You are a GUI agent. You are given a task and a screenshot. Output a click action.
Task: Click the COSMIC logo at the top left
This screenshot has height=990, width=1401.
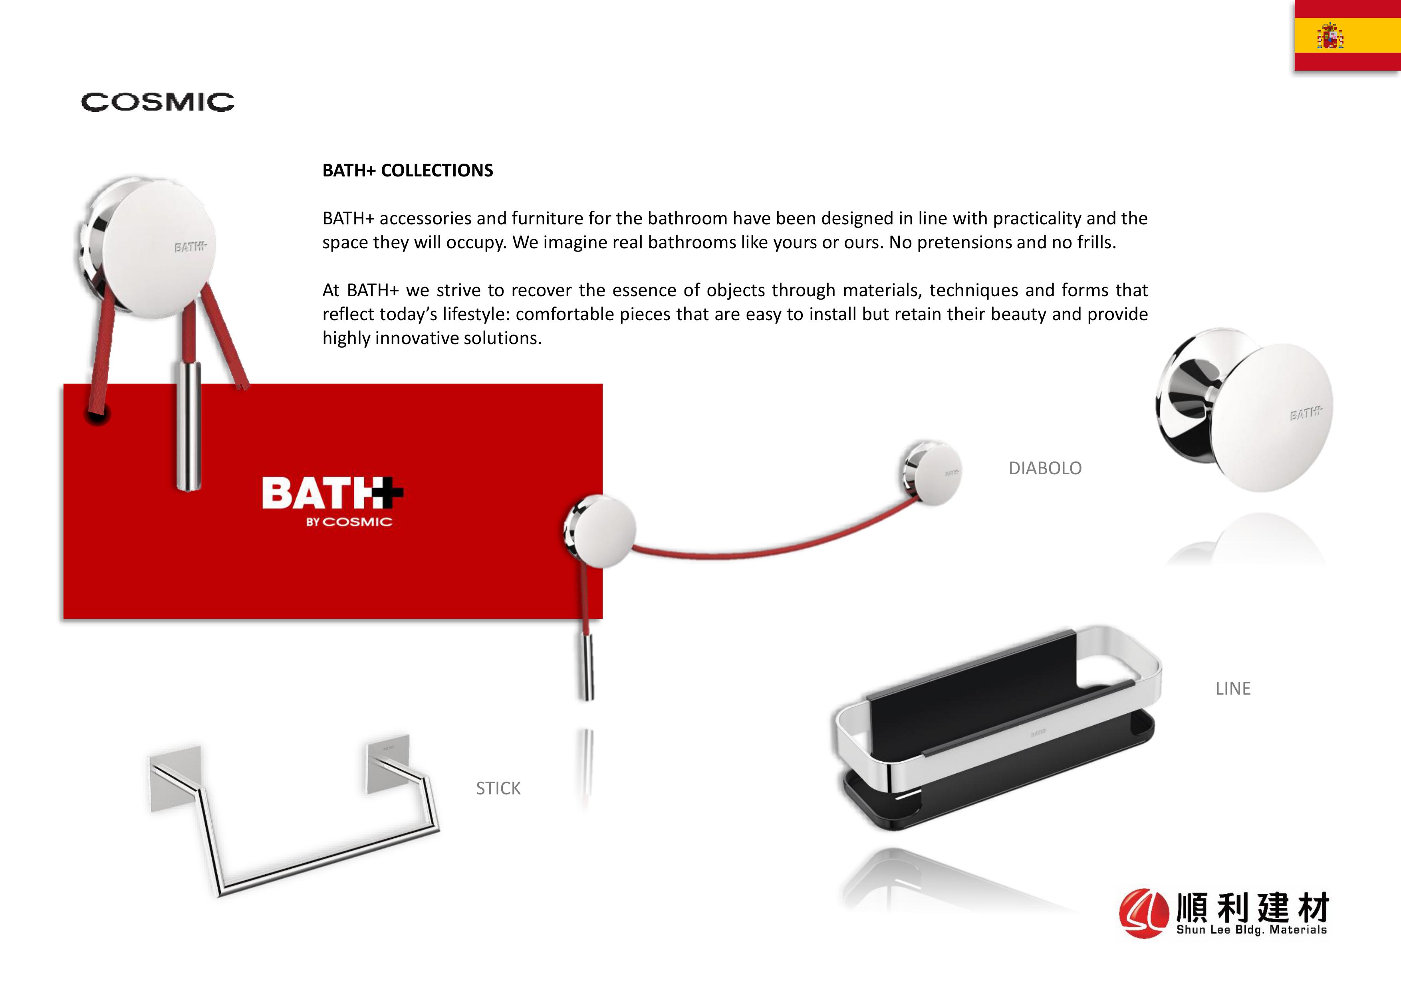pyautogui.click(x=157, y=102)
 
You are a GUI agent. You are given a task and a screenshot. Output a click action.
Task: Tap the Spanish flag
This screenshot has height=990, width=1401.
pyautogui.click(x=1347, y=36)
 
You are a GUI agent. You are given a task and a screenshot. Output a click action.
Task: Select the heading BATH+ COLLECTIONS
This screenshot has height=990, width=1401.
pyautogui.click(x=408, y=170)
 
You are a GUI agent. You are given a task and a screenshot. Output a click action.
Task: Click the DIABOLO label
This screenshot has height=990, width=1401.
pyautogui.click(x=1045, y=468)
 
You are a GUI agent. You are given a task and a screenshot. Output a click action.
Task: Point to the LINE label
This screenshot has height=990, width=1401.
pyautogui.click(x=1232, y=689)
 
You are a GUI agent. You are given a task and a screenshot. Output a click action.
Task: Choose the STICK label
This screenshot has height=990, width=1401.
pyautogui.click(x=498, y=789)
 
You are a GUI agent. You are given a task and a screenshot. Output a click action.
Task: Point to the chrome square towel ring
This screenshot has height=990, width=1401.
pyautogui.click(x=293, y=818)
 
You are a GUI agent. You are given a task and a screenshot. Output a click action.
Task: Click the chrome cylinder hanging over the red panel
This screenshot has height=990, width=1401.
pyautogui.click(x=188, y=425)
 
